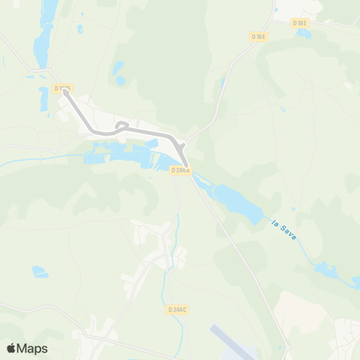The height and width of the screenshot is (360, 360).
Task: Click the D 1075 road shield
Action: point(63,88)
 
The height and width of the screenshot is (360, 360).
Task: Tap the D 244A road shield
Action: point(181,170)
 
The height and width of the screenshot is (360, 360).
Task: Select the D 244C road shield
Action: point(178,309)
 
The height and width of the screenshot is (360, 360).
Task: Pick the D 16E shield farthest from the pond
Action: point(259,36)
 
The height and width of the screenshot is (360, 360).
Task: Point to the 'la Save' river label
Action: point(283,227)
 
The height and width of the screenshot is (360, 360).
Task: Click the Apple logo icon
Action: point(11,348)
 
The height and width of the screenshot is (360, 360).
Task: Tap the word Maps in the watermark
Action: point(33,348)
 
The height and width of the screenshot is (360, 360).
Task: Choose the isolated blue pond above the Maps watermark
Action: point(39,271)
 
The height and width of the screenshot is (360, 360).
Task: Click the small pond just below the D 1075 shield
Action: point(43,95)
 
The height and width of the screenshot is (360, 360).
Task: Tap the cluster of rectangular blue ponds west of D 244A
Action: point(120,156)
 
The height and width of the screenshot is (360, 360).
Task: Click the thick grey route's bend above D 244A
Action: point(180,144)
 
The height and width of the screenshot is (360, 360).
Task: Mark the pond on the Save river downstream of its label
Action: point(325,268)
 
